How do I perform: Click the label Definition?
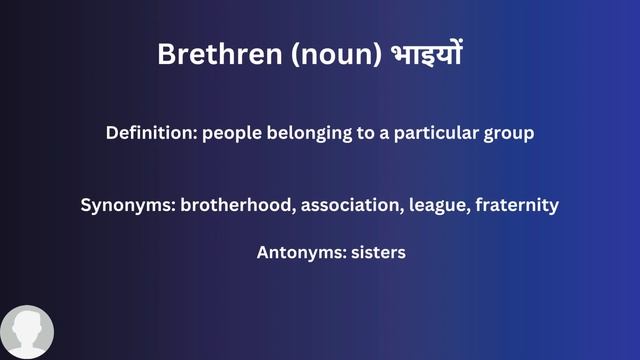click(x=151, y=133)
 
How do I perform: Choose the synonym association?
click(x=346, y=205)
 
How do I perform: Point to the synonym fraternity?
click(x=517, y=205)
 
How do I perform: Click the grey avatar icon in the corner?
click(x=27, y=332)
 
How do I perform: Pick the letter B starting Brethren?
click(x=166, y=54)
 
